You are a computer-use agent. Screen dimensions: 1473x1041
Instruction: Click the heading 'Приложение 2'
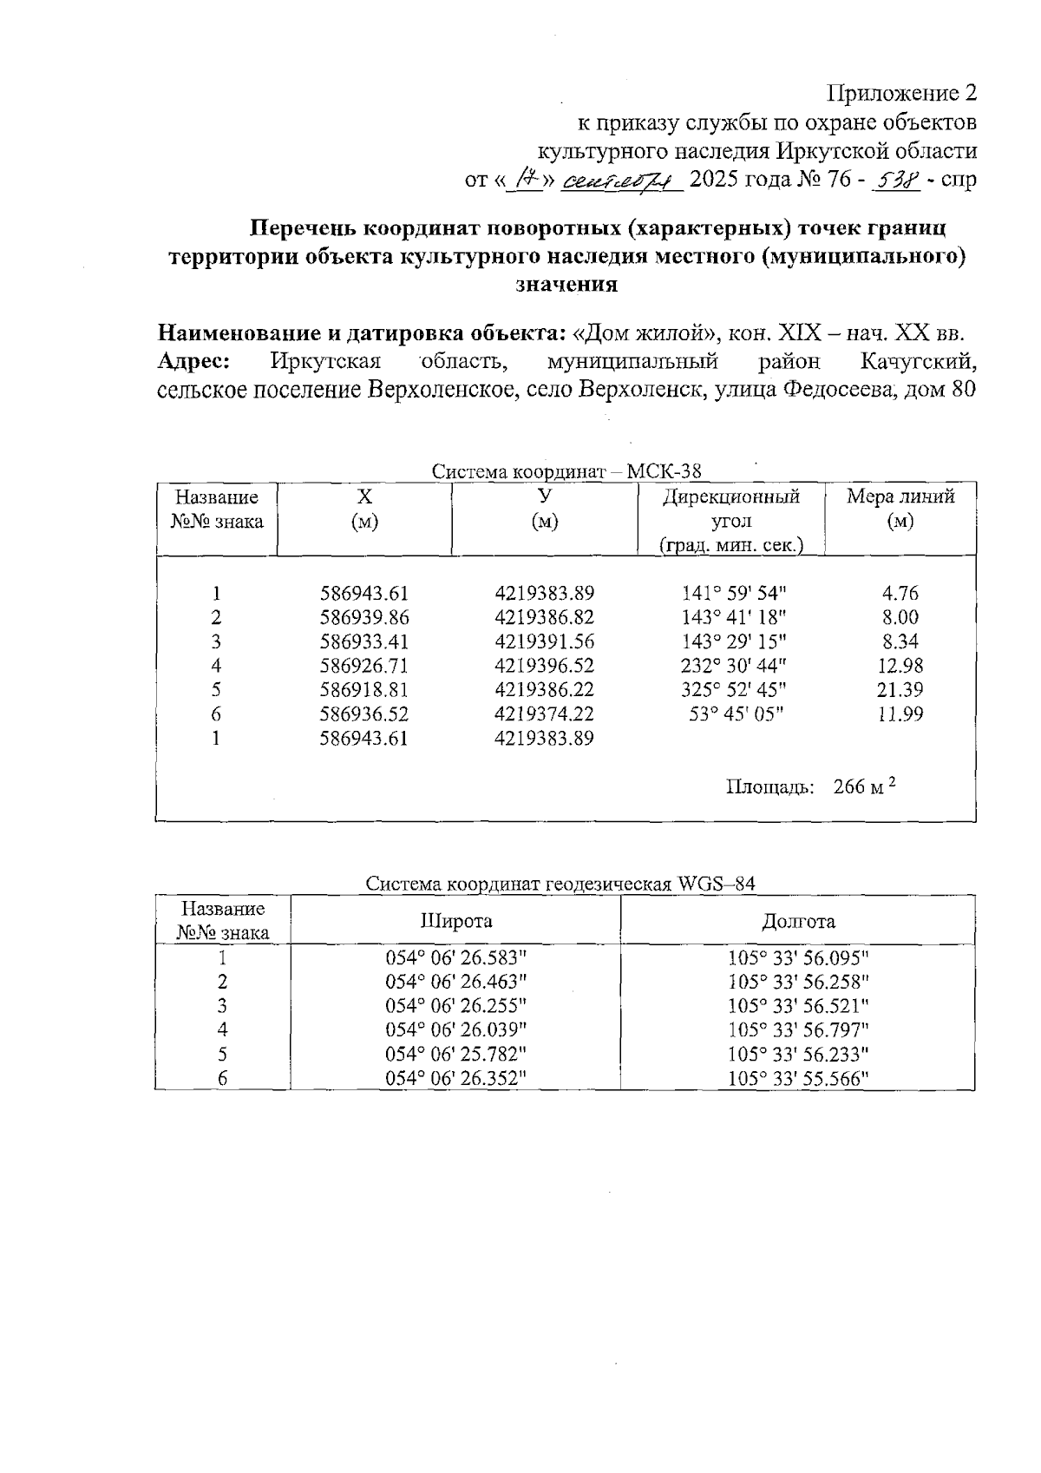902,93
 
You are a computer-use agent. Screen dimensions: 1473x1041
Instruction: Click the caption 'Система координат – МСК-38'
566,471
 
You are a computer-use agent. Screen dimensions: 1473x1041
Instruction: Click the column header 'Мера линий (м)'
900,509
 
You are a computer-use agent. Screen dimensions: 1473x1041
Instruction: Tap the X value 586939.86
364,618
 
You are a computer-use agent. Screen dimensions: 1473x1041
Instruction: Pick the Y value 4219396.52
544,667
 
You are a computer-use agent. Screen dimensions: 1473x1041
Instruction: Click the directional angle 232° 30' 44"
734,667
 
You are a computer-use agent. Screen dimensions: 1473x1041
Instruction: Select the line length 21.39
900,691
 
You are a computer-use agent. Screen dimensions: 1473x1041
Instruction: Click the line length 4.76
900,595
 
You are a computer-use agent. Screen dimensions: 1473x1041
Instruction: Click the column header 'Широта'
456,922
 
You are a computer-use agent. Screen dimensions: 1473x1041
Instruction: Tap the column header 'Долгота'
798,922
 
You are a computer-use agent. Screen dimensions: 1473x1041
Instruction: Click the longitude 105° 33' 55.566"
798,1079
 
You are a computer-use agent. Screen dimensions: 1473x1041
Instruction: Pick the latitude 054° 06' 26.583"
456,958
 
